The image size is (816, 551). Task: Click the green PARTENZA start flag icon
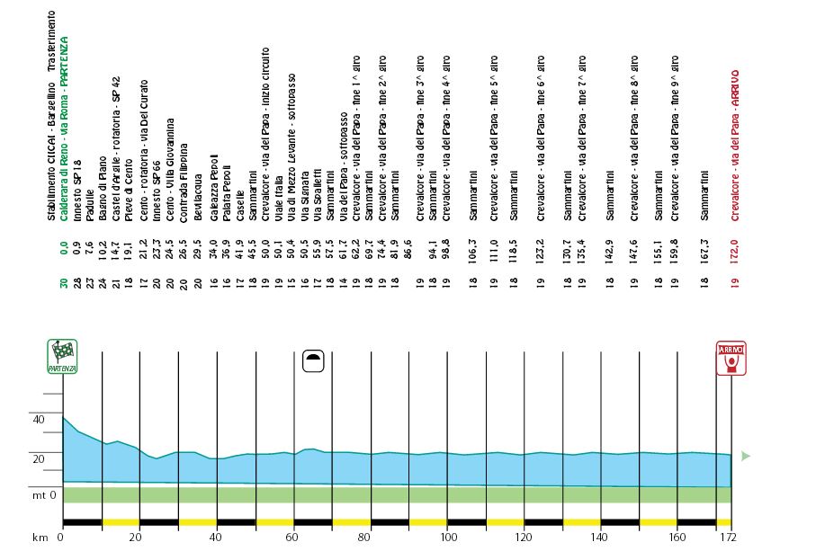pyautogui.click(x=62, y=356)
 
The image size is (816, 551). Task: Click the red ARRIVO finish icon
pyautogui.click(x=731, y=358)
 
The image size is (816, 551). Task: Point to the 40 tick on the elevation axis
pyautogui.click(x=38, y=420)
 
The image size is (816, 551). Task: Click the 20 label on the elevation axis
pyautogui.click(x=38, y=459)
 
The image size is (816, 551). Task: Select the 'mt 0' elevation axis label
pyautogui.click(x=43, y=495)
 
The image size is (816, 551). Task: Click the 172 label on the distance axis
pyautogui.click(x=728, y=538)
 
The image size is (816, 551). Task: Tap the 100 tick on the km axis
pyautogui.click(x=447, y=538)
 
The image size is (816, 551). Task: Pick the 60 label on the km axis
pyautogui.click(x=292, y=538)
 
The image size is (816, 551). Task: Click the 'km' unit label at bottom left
pyautogui.click(x=39, y=538)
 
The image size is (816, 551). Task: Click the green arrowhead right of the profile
pyautogui.click(x=745, y=456)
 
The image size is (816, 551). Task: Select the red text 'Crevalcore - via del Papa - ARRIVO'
pyautogui.click(x=735, y=144)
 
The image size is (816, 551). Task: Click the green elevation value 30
pyautogui.click(x=64, y=286)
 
